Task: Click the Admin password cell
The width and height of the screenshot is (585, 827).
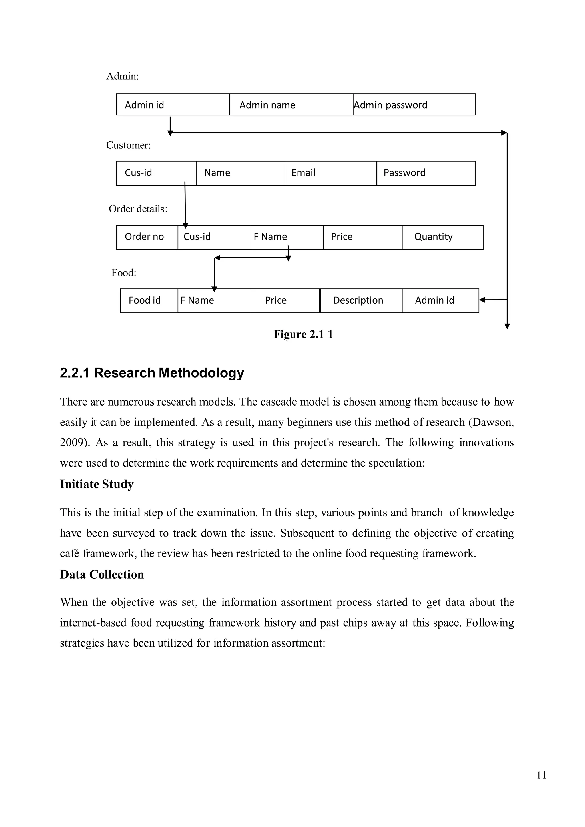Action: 414,105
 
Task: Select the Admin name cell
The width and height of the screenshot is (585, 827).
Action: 291,105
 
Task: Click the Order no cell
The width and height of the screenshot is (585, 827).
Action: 147,237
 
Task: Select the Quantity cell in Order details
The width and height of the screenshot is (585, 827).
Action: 443,237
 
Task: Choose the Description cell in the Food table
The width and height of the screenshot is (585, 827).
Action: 361,300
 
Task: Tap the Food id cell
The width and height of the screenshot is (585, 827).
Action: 149,300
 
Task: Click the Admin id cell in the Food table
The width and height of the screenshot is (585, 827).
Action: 440,300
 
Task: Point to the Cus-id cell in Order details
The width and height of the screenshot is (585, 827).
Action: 214,237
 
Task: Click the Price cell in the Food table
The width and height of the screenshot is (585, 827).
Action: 285,300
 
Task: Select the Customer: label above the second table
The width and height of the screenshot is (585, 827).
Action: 128,145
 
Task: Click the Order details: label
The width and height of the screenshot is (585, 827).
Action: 138,209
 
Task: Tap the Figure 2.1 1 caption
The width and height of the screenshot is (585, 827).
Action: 303,334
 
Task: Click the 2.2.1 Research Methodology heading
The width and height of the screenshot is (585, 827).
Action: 152,372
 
